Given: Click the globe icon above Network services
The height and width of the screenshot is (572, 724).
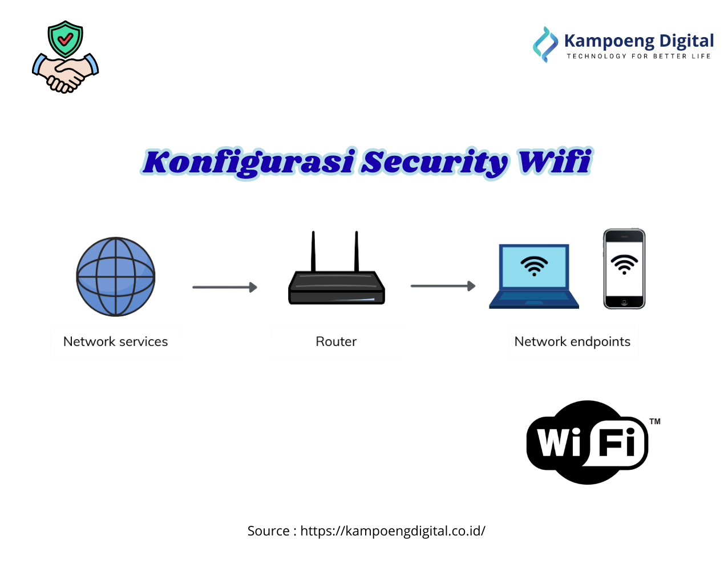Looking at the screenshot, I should (116, 276).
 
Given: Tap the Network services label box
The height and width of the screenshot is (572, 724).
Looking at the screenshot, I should (116, 341).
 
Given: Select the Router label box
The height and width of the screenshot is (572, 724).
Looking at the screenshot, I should (337, 341).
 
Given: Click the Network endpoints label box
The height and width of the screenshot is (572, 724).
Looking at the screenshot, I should (573, 341).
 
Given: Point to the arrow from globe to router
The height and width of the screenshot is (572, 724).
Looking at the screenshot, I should (224, 287).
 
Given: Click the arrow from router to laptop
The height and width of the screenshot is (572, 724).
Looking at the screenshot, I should (443, 285).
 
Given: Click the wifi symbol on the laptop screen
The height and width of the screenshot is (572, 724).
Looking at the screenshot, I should (534, 265).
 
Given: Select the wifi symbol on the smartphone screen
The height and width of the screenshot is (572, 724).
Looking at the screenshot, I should (624, 264).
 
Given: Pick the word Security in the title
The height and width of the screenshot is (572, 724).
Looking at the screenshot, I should (435, 162).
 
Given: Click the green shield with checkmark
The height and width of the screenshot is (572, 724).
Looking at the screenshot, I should (66, 39).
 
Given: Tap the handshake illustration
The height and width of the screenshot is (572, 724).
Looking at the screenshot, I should (66, 74).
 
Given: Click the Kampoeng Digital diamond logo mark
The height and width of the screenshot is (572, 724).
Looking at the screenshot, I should (545, 44).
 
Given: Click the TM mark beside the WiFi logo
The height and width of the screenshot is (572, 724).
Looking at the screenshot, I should (655, 421).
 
